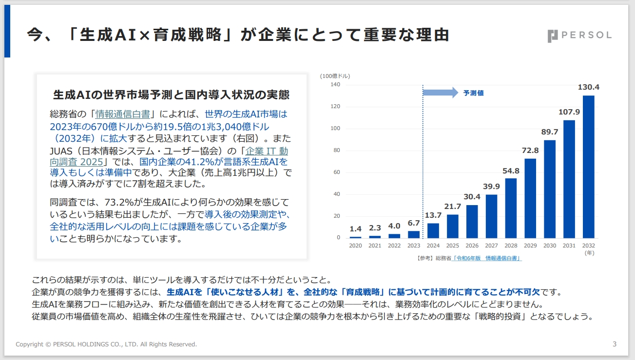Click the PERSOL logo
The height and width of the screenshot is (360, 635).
click(x=579, y=36)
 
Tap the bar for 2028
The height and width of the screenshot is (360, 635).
click(x=511, y=208)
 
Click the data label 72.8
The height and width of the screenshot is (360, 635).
click(x=531, y=151)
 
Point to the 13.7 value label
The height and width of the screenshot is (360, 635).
click(x=433, y=215)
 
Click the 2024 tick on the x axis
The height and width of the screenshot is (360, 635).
click(x=433, y=246)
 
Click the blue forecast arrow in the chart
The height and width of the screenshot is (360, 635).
click(x=441, y=93)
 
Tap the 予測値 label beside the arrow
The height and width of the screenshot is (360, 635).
click(x=473, y=93)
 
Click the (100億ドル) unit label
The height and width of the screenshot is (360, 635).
click(x=335, y=76)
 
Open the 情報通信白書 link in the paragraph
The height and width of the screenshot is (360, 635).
click(x=122, y=114)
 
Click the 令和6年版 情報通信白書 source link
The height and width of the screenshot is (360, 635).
click(x=487, y=258)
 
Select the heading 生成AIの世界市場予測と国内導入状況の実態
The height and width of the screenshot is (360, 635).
click(x=171, y=94)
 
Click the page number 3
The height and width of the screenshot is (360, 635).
click(x=614, y=344)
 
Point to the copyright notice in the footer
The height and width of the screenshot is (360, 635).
click(x=106, y=344)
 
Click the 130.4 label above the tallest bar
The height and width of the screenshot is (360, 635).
click(x=588, y=87)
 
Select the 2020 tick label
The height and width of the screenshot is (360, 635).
click(x=355, y=246)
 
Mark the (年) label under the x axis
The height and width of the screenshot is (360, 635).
click(x=589, y=253)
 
